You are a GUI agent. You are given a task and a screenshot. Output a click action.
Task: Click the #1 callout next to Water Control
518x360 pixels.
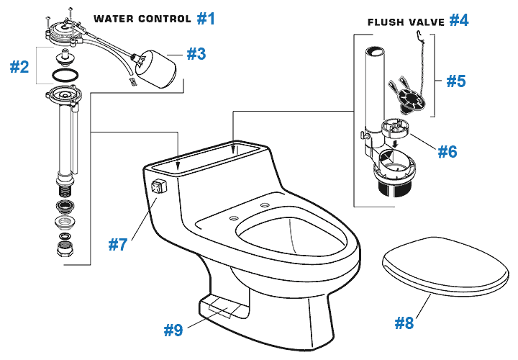tap(206, 18)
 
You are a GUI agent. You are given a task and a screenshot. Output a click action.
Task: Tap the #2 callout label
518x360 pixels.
tap(19, 67)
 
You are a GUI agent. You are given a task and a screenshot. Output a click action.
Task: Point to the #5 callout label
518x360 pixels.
tap(455, 81)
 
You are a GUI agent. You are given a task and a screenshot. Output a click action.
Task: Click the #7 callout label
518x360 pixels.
tap(119, 244)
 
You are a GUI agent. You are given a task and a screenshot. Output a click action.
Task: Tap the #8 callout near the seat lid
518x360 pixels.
tap(404, 323)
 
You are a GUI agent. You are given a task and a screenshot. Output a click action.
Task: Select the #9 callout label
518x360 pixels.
tap(173, 330)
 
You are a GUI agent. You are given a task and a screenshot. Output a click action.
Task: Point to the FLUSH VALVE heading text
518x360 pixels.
tap(406, 22)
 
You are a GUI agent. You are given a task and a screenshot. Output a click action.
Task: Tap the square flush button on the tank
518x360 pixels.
tap(158, 190)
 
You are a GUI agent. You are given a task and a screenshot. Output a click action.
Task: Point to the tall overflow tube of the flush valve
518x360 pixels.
tap(373, 86)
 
